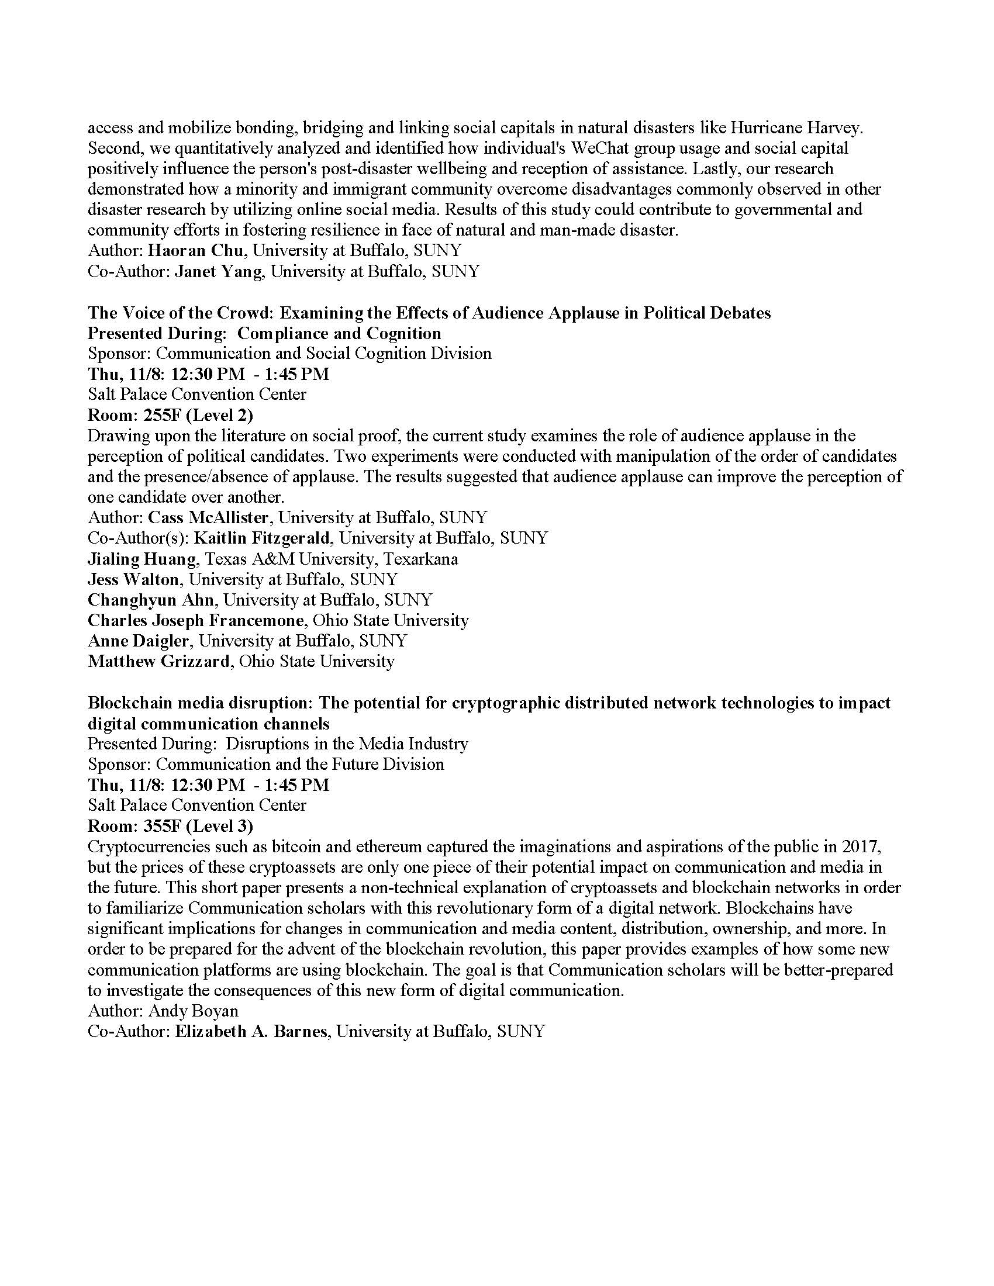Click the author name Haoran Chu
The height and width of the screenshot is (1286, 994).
[195, 251]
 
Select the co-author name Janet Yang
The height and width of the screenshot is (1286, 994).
[218, 271]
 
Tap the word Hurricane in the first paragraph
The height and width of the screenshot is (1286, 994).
[761, 128]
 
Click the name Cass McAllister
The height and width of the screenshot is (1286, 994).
[209, 517]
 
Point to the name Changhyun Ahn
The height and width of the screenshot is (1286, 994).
[153, 600]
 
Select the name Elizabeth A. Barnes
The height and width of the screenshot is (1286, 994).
[251, 1032]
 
